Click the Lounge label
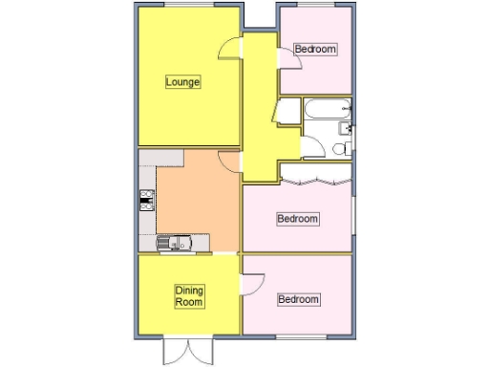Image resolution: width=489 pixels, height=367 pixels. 182,82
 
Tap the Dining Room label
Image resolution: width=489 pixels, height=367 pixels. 189,296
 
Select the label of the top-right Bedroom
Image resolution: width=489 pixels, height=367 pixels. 315,49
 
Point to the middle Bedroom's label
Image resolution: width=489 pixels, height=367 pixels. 297,219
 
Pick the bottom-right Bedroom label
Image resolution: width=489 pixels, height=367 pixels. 297,300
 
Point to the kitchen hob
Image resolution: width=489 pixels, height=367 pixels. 147,200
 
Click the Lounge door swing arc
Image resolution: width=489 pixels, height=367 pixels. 229,48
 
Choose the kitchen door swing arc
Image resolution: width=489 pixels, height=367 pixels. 228,162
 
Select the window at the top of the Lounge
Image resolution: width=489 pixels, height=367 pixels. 187,6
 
